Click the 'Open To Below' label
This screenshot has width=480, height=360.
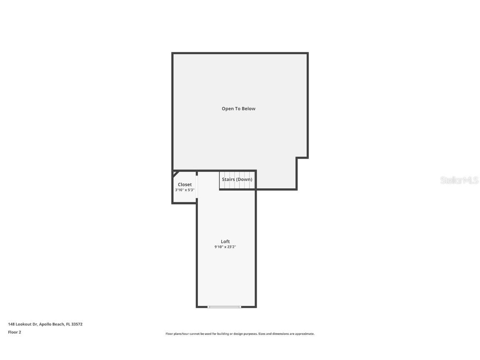tap(238, 109)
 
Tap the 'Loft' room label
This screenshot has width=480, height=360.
tap(225, 242)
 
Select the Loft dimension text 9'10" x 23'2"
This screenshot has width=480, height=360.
tap(225, 247)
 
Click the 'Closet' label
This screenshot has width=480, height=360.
tap(185, 185)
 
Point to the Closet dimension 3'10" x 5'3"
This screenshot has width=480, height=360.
tap(185, 190)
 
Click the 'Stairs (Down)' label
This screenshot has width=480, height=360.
tap(237, 180)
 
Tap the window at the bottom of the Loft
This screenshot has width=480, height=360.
tap(225, 307)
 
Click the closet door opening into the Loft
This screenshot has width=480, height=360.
tap(197, 187)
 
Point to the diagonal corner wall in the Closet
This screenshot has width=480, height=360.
tap(176, 173)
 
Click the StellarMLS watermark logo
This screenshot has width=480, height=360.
tap(459, 180)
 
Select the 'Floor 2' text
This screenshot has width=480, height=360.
tap(15, 332)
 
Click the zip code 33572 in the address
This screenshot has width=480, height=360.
tap(77, 324)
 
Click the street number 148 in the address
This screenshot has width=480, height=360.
tap(11, 324)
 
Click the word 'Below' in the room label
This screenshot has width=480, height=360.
tap(248, 109)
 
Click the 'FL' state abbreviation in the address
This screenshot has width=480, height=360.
tap(68, 324)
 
